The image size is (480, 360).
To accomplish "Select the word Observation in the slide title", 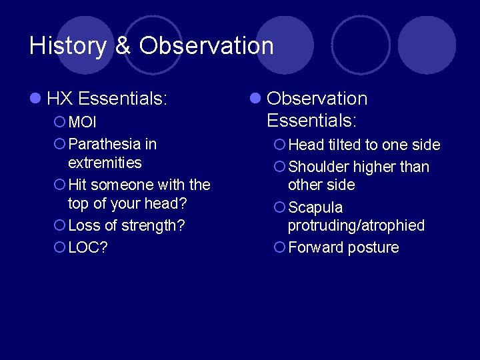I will (x=207, y=45).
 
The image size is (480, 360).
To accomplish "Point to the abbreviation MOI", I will (x=83, y=123).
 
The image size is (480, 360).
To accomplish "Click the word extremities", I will (x=105, y=163).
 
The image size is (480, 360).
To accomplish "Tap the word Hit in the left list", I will (x=78, y=185).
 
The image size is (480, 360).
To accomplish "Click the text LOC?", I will (x=88, y=247).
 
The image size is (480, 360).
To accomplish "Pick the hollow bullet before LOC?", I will (x=59, y=247).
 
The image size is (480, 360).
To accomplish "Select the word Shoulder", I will (x=318, y=167).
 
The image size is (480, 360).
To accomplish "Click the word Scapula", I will (x=315, y=207).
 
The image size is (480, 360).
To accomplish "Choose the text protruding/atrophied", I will (x=356, y=225).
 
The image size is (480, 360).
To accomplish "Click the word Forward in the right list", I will (x=316, y=247).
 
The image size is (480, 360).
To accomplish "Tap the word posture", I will (x=373, y=247).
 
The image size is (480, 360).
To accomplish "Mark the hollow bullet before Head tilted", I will (x=279, y=145).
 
